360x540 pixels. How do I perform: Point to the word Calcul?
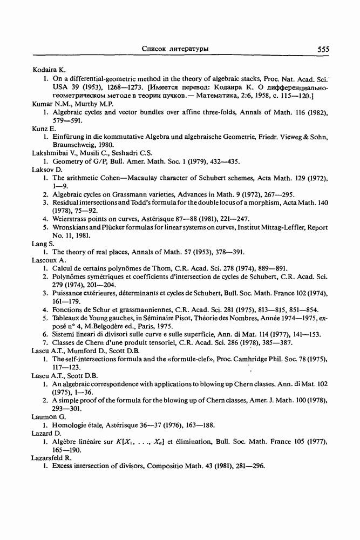[x=62, y=268]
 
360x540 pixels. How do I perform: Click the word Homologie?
[x=71, y=425]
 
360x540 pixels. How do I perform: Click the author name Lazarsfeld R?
[x=52, y=457]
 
